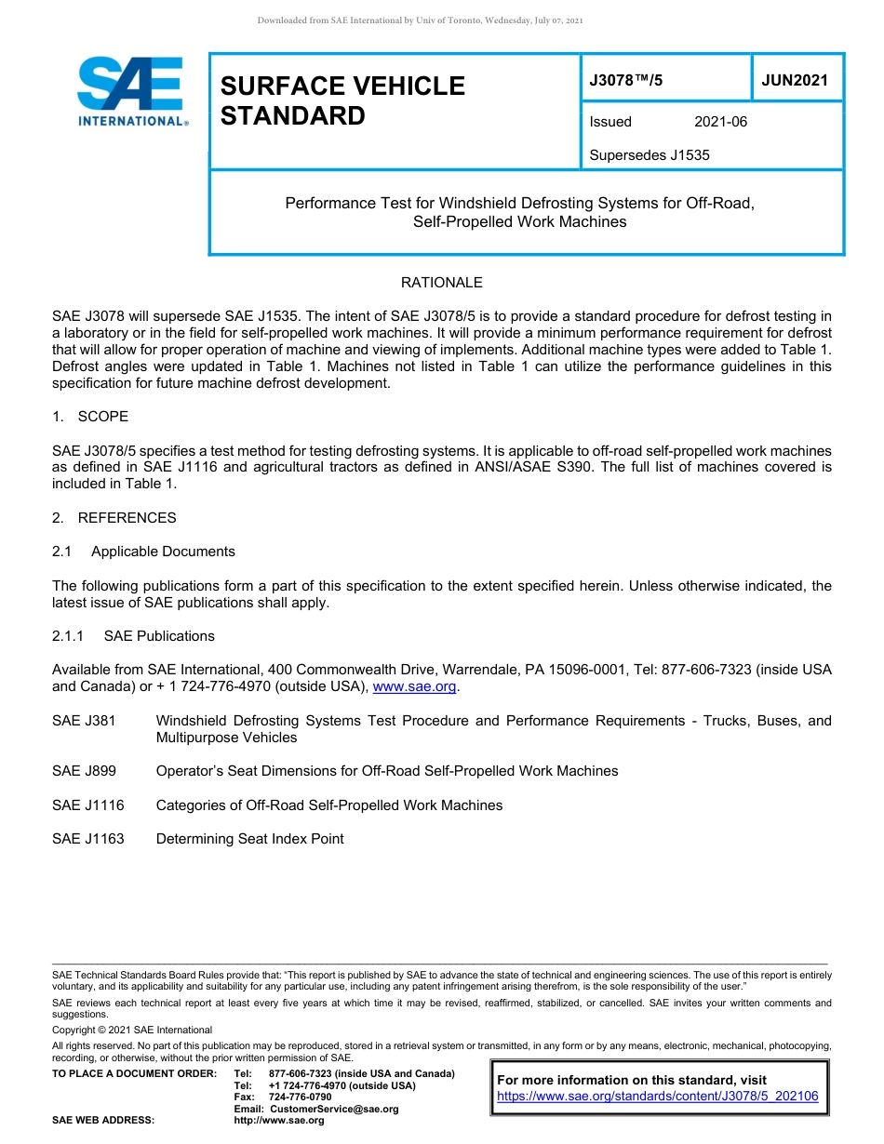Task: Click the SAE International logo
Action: [131, 91]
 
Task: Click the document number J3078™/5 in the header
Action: [626, 80]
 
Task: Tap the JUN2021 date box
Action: [795, 80]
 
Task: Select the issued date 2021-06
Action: [720, 122]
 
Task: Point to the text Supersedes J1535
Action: [649, 155]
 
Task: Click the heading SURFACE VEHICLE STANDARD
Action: [342, 100]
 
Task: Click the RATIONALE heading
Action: [441, 283]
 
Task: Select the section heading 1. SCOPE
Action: [90, 417]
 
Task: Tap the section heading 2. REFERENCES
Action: [114, 518]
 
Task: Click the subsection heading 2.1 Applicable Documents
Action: [143, 552]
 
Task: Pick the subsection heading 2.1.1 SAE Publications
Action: [133, 636]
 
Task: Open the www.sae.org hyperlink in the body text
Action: [414, 687]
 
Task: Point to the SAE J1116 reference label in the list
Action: [87, 805]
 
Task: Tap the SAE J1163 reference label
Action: [87, 839]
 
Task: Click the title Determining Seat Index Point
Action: [249, 839]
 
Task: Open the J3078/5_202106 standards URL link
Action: [657, 1097]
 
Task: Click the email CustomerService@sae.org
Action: [333, 1109]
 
